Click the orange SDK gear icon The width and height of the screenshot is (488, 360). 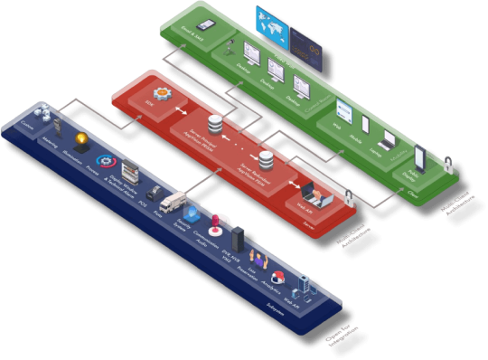tap(163, 93)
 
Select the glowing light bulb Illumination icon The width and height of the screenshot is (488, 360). tap(83, 139)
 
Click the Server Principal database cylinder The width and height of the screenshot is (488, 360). tap(215, 123)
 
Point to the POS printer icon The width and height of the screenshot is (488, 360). tap(152, 193)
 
